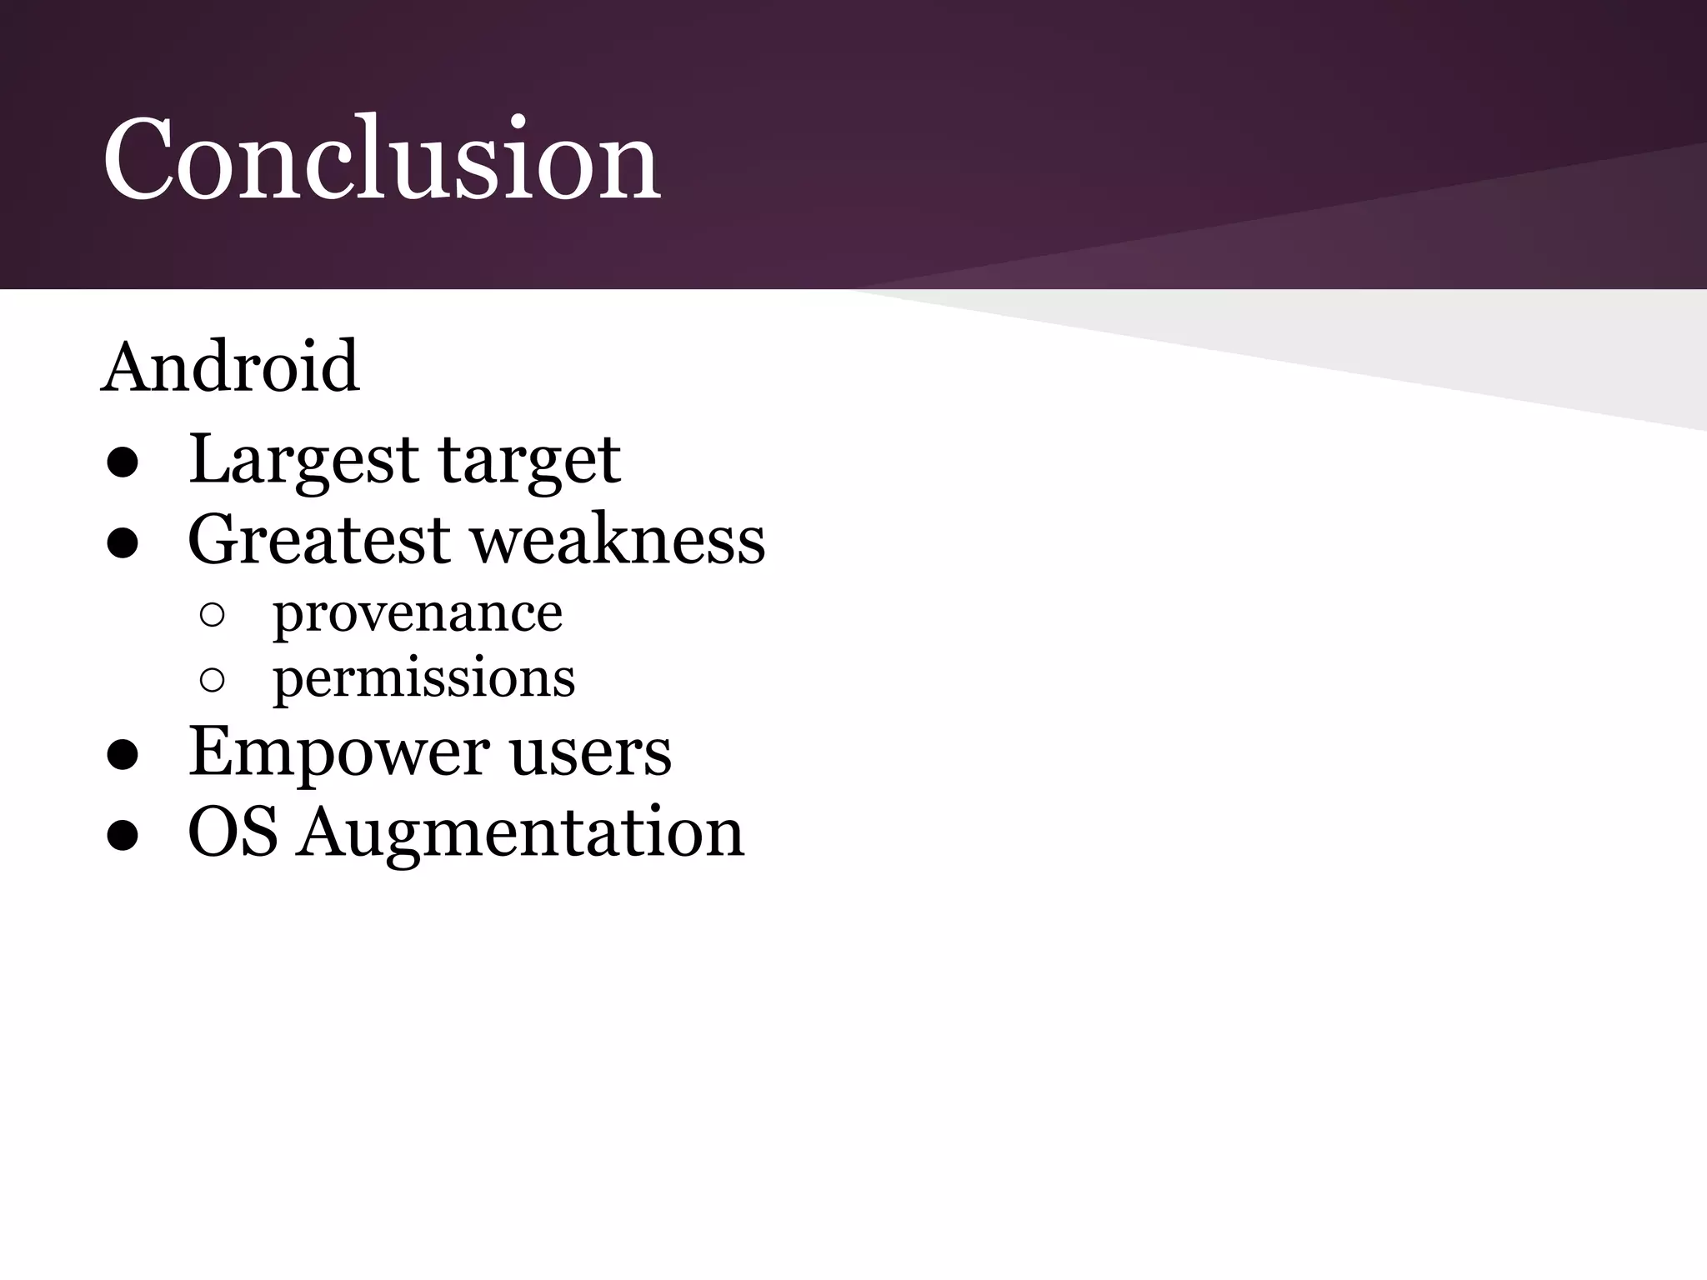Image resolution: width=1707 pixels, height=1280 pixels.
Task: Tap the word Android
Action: [230, 367]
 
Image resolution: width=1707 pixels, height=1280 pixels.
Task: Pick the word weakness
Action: [618, 540]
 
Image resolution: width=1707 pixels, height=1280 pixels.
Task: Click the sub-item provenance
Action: [418, 615]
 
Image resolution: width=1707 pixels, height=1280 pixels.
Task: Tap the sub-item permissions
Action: [423, 678]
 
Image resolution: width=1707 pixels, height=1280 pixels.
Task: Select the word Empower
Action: [338, 752]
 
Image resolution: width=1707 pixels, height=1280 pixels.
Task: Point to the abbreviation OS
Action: [233, 832]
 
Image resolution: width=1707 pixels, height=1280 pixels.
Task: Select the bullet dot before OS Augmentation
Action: [123, 836]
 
